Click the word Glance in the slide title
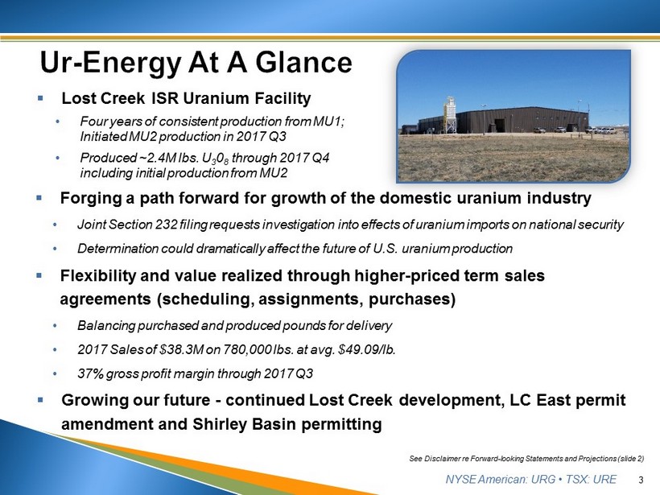pyautogui.click(x=303, y=63)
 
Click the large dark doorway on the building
pyautogui.click(x=500, y=126)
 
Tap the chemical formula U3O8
pyautogui.click(x=216, y=159)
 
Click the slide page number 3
pyautogui.click(x=641, y=480)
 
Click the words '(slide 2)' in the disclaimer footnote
pyautogui.click(x=631, y=458)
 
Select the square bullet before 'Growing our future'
pyautogui.click(x=40, y=399)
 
